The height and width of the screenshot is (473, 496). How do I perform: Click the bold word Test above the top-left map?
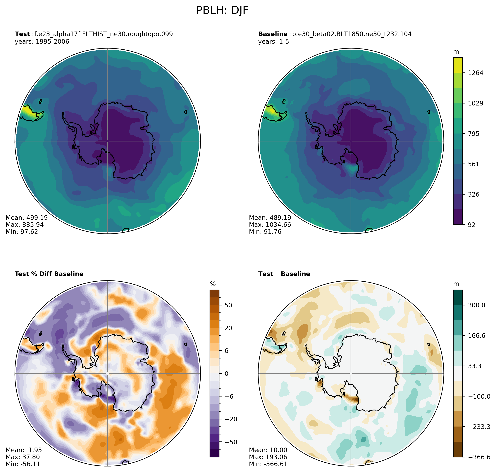click(22, 34)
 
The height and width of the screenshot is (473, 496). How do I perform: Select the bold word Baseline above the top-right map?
click(273, 34)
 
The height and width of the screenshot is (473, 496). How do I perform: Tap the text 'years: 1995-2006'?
click(42, 42)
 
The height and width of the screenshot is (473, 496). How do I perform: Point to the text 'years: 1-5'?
click(273, 42)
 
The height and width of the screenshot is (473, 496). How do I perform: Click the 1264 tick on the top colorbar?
click(475, 73)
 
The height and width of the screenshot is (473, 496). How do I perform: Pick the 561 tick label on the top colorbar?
click(473, 164)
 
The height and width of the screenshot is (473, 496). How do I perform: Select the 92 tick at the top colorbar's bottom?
click(471, 225)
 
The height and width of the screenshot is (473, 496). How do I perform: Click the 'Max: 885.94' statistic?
click(25, 225)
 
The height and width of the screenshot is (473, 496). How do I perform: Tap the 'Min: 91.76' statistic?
click(265, 232)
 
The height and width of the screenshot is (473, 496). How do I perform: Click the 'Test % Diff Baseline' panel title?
click(49, 274)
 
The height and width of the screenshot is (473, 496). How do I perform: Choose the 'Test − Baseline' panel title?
click(284, 274)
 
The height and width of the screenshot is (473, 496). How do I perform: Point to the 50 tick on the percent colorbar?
click(228, 305)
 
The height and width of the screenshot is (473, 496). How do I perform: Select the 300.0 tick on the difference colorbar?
click(477, 305)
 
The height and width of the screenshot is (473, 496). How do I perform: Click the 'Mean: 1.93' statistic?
click(24, 450)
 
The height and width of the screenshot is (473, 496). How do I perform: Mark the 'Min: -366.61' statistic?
click(268, 464)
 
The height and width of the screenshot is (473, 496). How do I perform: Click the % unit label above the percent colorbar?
click(213, 284)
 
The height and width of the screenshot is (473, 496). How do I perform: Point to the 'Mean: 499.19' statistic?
click(27, 218)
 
